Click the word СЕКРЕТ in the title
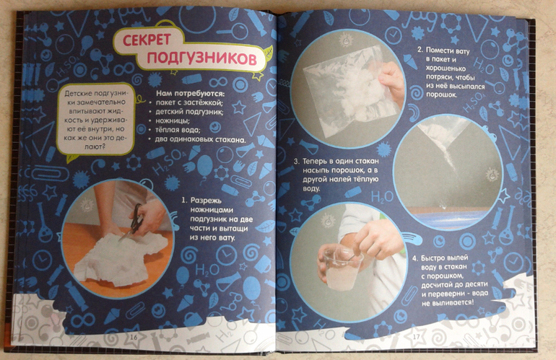[147, 40]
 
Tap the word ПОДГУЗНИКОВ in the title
[201, 58]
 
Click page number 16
[134, 337]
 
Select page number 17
[417, 336]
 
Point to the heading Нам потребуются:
[191, 94]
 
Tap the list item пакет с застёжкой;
[189, 103]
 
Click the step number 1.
[184, 201]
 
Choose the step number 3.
[297, 162]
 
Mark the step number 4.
[415, 258]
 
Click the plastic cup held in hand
[342, 268]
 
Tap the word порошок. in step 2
[441, 95]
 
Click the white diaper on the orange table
[121, 257]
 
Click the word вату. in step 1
[226, 238]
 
